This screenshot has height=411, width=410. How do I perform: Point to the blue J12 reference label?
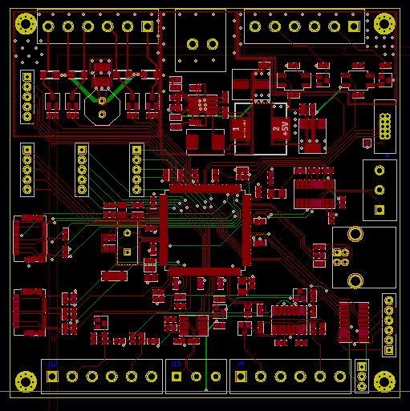click(53, 365)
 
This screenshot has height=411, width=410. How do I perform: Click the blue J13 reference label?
click(176, 365)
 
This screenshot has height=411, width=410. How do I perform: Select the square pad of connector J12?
click(53, 377)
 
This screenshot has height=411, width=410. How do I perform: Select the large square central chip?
click(205, 229)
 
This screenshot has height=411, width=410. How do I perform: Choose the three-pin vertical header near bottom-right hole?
click(362, 377)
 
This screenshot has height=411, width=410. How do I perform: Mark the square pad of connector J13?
click(177, 377)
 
